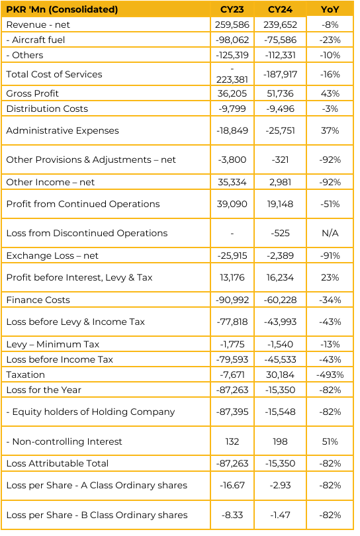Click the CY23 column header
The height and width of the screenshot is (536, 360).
[x=232, y=9]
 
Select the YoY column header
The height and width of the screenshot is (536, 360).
[x=330, y=9]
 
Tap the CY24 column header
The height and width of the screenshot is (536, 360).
[x=280, y=9]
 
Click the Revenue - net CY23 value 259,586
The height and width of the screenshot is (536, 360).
[x=232, y=24]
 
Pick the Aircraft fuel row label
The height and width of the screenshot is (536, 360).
[x=36, y=40]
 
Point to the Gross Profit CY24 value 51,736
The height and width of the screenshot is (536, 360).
[x=280, y=93]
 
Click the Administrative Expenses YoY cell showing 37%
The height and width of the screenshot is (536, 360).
[x=330, y=130]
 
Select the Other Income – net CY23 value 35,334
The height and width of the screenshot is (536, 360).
[x=232, y=182]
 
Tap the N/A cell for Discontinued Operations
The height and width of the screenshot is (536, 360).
[x=330, y=233]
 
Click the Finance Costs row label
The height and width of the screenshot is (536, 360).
[x=38, y=300]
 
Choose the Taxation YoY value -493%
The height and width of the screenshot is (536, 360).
[x=330, y=375]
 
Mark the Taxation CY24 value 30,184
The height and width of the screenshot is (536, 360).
[x=280, y=375]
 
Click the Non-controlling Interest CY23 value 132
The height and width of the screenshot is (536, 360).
[x=232, y=441]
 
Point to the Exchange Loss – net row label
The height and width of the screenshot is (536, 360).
[x=52, y=255]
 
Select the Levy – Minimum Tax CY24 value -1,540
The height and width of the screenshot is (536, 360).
[x=280, y=344]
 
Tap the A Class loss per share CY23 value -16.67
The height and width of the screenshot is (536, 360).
[x=232, y=486]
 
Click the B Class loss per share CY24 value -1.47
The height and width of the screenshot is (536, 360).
[x=280, y=515]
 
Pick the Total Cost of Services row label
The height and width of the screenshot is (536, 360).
[x=54, y=74]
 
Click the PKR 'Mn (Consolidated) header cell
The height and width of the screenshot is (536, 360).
[x=62, y=9]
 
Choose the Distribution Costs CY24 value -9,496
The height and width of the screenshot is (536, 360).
[x=280, y=109]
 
